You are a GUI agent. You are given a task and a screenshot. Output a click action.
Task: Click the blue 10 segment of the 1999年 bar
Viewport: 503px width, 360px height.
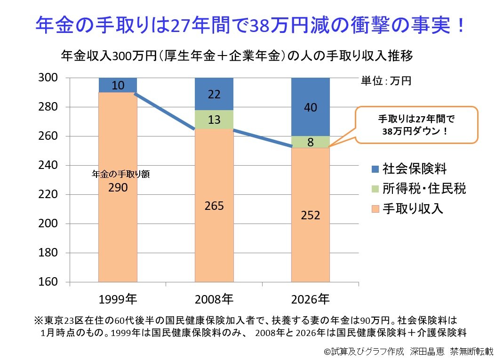[x=118, y=85]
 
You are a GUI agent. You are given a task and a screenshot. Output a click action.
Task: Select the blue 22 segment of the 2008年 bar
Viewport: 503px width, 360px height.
[x=215, y=94]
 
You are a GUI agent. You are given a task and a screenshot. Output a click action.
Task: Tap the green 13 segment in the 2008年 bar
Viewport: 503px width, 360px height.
[x=215, y=120]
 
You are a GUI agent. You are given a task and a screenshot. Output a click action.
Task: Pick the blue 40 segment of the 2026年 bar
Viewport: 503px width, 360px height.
[x=311, y=107]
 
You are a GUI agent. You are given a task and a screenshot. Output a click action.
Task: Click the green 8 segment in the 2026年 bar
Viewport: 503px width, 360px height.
[x=311, y=142]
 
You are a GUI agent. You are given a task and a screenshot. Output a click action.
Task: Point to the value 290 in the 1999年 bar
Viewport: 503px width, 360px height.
[x=118, y=187]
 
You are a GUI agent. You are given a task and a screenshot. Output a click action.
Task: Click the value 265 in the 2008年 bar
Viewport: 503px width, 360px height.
[x=215, y=206]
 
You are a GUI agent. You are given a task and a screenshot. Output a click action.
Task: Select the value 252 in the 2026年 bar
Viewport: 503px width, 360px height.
[x=311, y=215]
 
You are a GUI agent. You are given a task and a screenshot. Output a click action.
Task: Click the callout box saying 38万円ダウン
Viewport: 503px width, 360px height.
[x=416, y=125]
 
